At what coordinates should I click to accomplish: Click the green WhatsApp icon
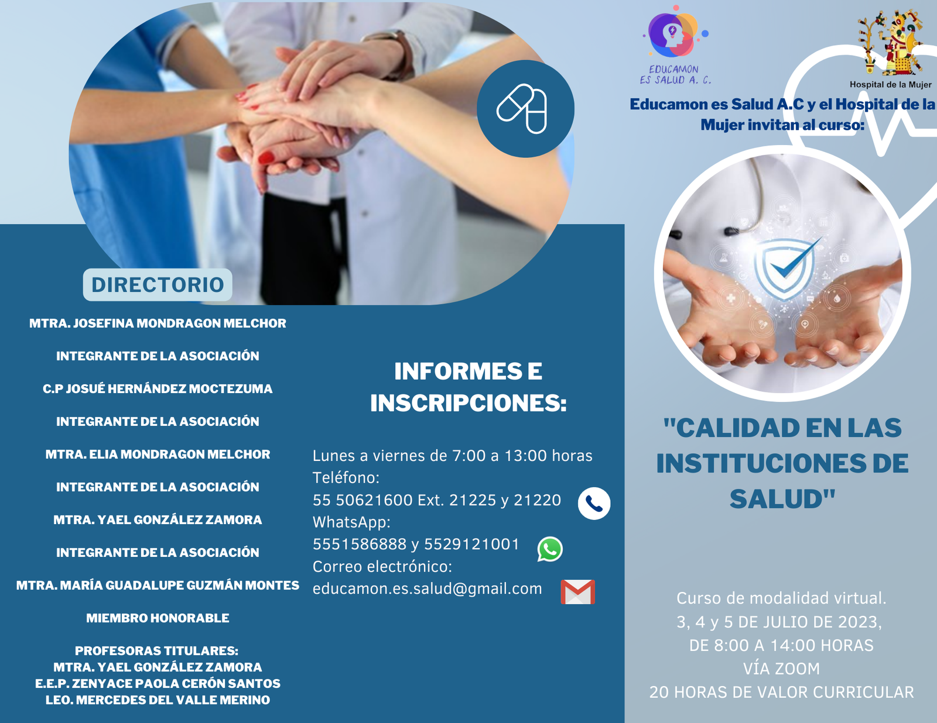[x=550, y=549]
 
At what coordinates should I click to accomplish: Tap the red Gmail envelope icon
[x=578, y=592]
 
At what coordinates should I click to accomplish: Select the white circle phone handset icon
[x=594, y=504]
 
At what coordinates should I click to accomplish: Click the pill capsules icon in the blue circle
[x=523, y=109]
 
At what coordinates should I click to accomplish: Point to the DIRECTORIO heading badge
[x=158, y=285]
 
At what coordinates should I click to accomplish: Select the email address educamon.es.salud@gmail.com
[x=427, y=588]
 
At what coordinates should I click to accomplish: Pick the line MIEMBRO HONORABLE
[x=158, y=618]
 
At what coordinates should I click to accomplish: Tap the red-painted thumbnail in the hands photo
[x=266, y=157]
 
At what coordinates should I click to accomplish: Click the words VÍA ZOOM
[x=781, y=669]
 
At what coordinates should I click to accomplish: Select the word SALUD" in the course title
[x=782, y=499]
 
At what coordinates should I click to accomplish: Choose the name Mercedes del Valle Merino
[x=173, y=700]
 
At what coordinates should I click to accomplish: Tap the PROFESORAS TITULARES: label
[x=156, y=650]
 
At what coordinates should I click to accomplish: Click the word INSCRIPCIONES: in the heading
[x=468, y=403]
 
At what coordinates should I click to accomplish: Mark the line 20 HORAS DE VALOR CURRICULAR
[x=781, y=693]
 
